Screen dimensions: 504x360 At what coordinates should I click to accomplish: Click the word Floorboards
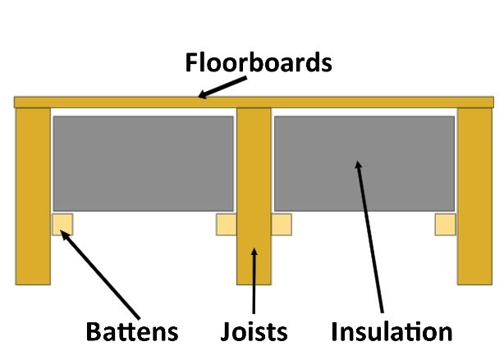[259, 62]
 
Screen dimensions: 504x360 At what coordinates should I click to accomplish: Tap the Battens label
[132, 331]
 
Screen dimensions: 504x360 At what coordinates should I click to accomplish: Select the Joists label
[254, 331]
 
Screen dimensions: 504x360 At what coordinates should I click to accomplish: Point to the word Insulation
[392, 331]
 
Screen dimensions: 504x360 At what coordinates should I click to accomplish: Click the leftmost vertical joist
[33, 196]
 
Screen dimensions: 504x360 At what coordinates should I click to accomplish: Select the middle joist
[254, 196]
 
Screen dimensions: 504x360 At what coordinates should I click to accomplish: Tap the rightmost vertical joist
[474, 196]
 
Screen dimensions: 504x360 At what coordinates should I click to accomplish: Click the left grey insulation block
[143, 163]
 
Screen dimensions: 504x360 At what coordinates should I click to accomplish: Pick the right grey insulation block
[364, 163]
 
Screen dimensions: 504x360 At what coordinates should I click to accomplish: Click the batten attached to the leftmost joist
[62, 224]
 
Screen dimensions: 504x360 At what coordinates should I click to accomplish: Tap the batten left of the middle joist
[227, 224]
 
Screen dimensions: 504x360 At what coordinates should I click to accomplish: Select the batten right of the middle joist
[282, 224]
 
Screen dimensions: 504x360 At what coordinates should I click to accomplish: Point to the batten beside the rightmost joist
[446, 224]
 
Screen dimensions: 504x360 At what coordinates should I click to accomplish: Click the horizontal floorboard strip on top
[254, 103]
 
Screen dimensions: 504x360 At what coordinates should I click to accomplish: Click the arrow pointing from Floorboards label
[222, 87]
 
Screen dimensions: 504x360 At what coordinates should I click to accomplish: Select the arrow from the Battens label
[100, 275]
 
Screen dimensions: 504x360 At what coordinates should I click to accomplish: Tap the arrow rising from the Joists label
[254, 280]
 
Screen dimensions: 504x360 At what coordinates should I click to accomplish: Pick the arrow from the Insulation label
[369, 237]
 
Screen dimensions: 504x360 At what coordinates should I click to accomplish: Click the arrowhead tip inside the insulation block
[357, 161]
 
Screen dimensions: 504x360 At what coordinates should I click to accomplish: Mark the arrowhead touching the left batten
[61, 230]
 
